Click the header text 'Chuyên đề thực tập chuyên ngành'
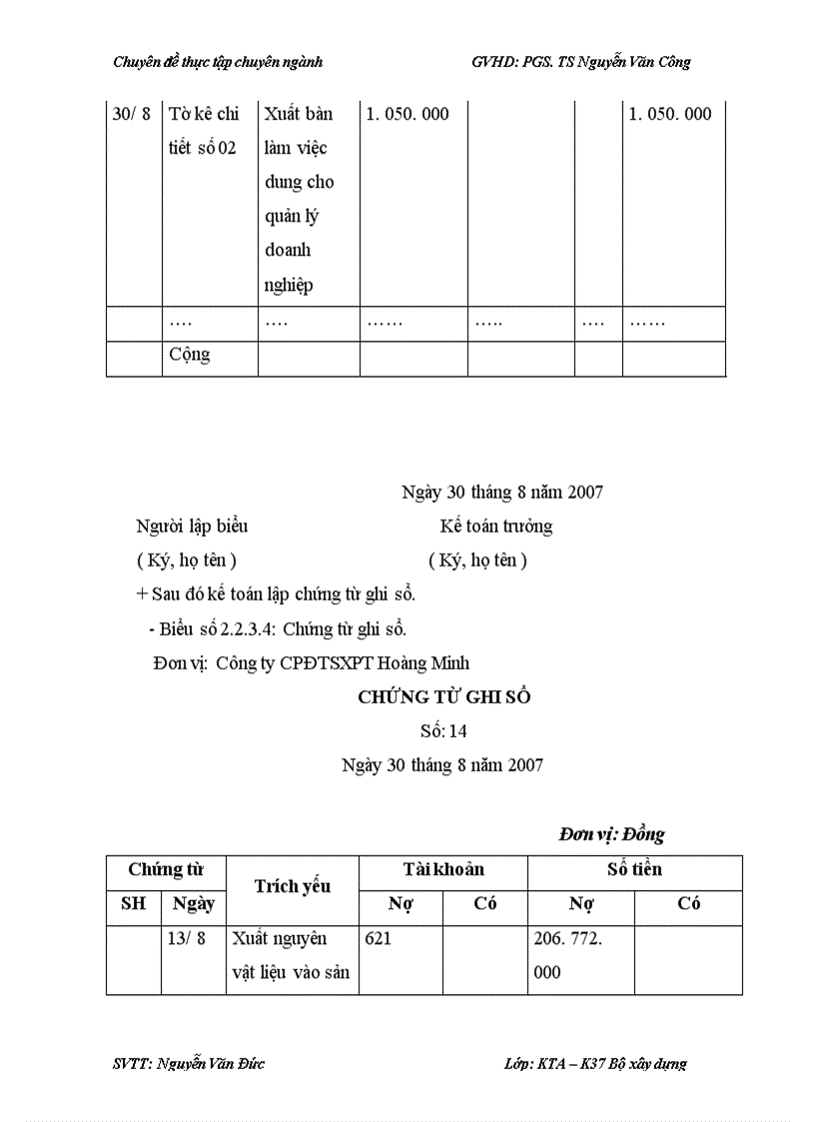[218, 62]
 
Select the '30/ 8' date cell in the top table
[132, 114]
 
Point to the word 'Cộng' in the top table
[190, 355]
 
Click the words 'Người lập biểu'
[192, 526]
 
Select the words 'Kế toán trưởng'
[495, 526]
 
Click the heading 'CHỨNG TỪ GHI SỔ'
[443, 697]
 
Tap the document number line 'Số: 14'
[443, 731]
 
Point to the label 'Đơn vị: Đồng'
[611, 834]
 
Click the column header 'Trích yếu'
[292, 886]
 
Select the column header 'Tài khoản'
[443, 869]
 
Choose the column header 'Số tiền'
[634, 869]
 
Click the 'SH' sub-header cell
[133, 903]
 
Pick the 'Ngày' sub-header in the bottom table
[193, 903]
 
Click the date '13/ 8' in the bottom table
[189, 939]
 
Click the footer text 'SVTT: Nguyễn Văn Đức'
[189, 1063]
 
